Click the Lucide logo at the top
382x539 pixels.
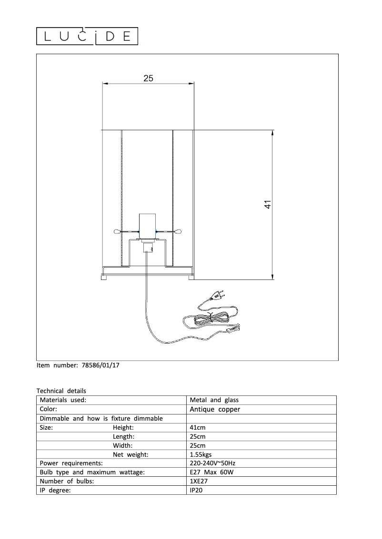click(x=87, y=36)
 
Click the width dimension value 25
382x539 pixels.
click(x=149, y=78)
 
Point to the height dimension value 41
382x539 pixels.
click(x=268, y=204)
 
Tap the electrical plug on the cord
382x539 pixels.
click(x=219, y=296)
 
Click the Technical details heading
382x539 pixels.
click(x=61, y=391)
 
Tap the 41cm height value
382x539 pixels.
click(x=198, y=427)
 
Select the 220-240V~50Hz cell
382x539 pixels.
click(x=212, y=463)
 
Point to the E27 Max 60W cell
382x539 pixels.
click(x=212, y=472)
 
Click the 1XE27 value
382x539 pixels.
click(x=199, y=481)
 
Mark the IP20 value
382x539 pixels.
click(x=196, y=490)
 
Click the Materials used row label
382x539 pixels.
click(x=63, y=400)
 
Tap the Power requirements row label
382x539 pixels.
click(x=71, y=463)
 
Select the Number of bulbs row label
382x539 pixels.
click(x=67, y=481)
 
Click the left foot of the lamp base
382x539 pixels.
click(x=104, y=277)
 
